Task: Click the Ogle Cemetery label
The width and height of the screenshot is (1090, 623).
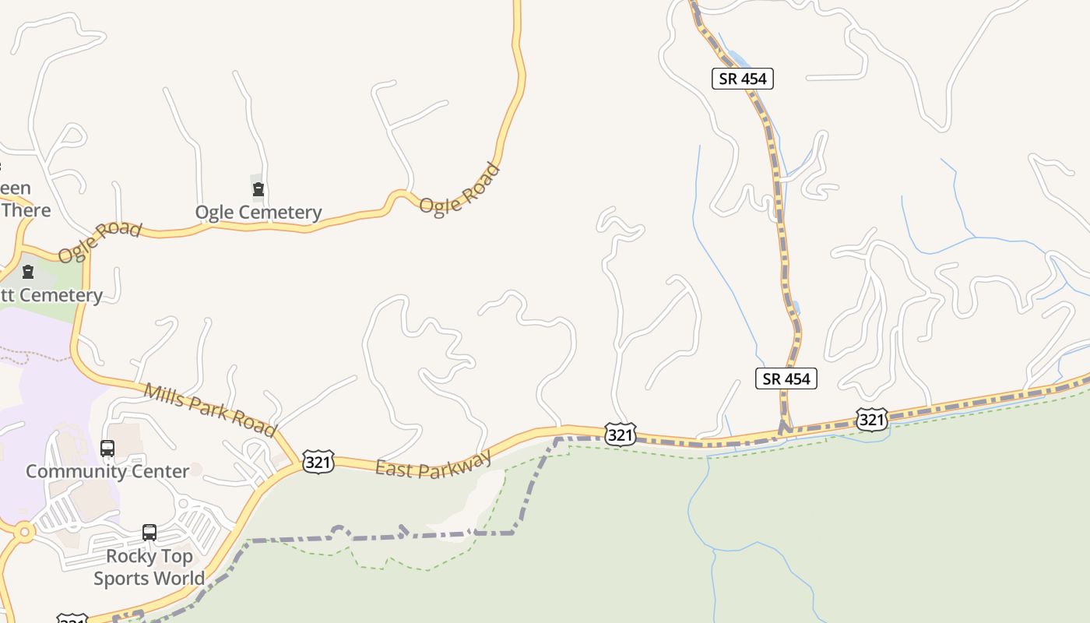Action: click(x=258, y=212)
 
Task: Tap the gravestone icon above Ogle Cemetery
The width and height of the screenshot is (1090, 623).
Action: click(x=258, y=189)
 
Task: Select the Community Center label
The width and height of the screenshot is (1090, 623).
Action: click(x=107, y=471)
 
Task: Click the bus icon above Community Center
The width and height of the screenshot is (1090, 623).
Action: click(x=107, y=449)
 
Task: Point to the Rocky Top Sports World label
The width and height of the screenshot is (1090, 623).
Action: click(x=149, y=567)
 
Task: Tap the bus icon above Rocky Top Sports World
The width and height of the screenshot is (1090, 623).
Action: click(x=149, y=533)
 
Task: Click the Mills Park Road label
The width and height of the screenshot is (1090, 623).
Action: click(x=210, y=410)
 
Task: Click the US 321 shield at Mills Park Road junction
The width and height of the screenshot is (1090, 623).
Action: click(x=319, y=461)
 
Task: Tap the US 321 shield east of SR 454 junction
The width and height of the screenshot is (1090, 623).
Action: click(x=871, y=420)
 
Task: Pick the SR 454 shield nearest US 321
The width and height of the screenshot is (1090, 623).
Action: click(x=786, y=378)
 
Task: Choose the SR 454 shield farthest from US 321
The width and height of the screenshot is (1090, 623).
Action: click(x=743, y=78)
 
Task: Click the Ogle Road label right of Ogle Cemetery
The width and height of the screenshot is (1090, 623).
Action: click(x=460, y=189)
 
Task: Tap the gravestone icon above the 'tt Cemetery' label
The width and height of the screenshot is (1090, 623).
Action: click(x=29, y=273)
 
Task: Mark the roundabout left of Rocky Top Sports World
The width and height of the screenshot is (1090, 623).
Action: click(x=23, y=533)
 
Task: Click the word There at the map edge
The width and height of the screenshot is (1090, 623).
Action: click(x=26, y=210)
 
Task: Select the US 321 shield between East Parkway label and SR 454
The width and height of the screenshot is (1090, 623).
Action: click(x=620, y=435)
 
